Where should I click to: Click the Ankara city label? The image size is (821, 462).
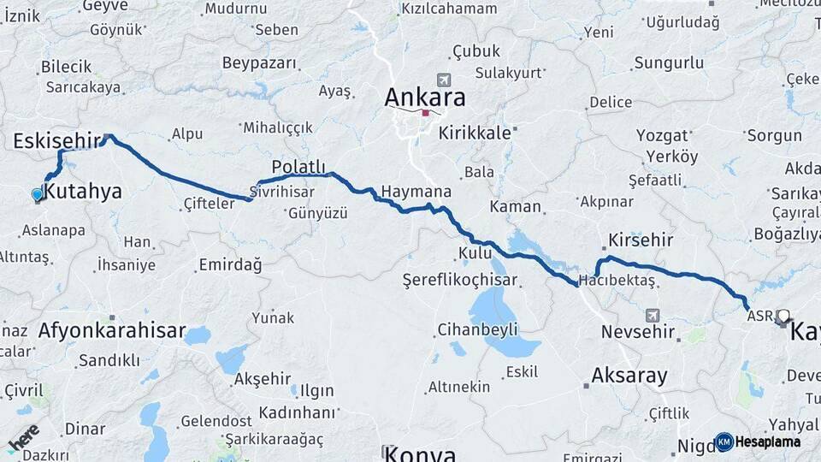[425, 97]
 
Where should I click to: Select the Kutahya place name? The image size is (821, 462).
[82, 192]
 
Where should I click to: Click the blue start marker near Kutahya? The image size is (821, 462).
[37, 195]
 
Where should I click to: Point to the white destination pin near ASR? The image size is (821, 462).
[783, 317]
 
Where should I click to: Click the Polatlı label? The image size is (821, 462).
[298, 166]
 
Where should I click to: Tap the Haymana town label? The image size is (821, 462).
[416, 192]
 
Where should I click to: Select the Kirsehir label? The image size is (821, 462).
[641, 240]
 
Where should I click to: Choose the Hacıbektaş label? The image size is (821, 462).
[617, 281]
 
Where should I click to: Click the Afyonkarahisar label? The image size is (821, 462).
[111, 330]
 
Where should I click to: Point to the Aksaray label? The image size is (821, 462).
[629, 375]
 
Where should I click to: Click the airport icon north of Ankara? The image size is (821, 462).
[442, 79]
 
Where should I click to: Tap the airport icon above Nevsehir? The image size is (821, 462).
[653, 315]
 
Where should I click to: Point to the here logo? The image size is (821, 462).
[23, 438]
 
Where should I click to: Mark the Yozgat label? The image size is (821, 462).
[662, 135]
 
